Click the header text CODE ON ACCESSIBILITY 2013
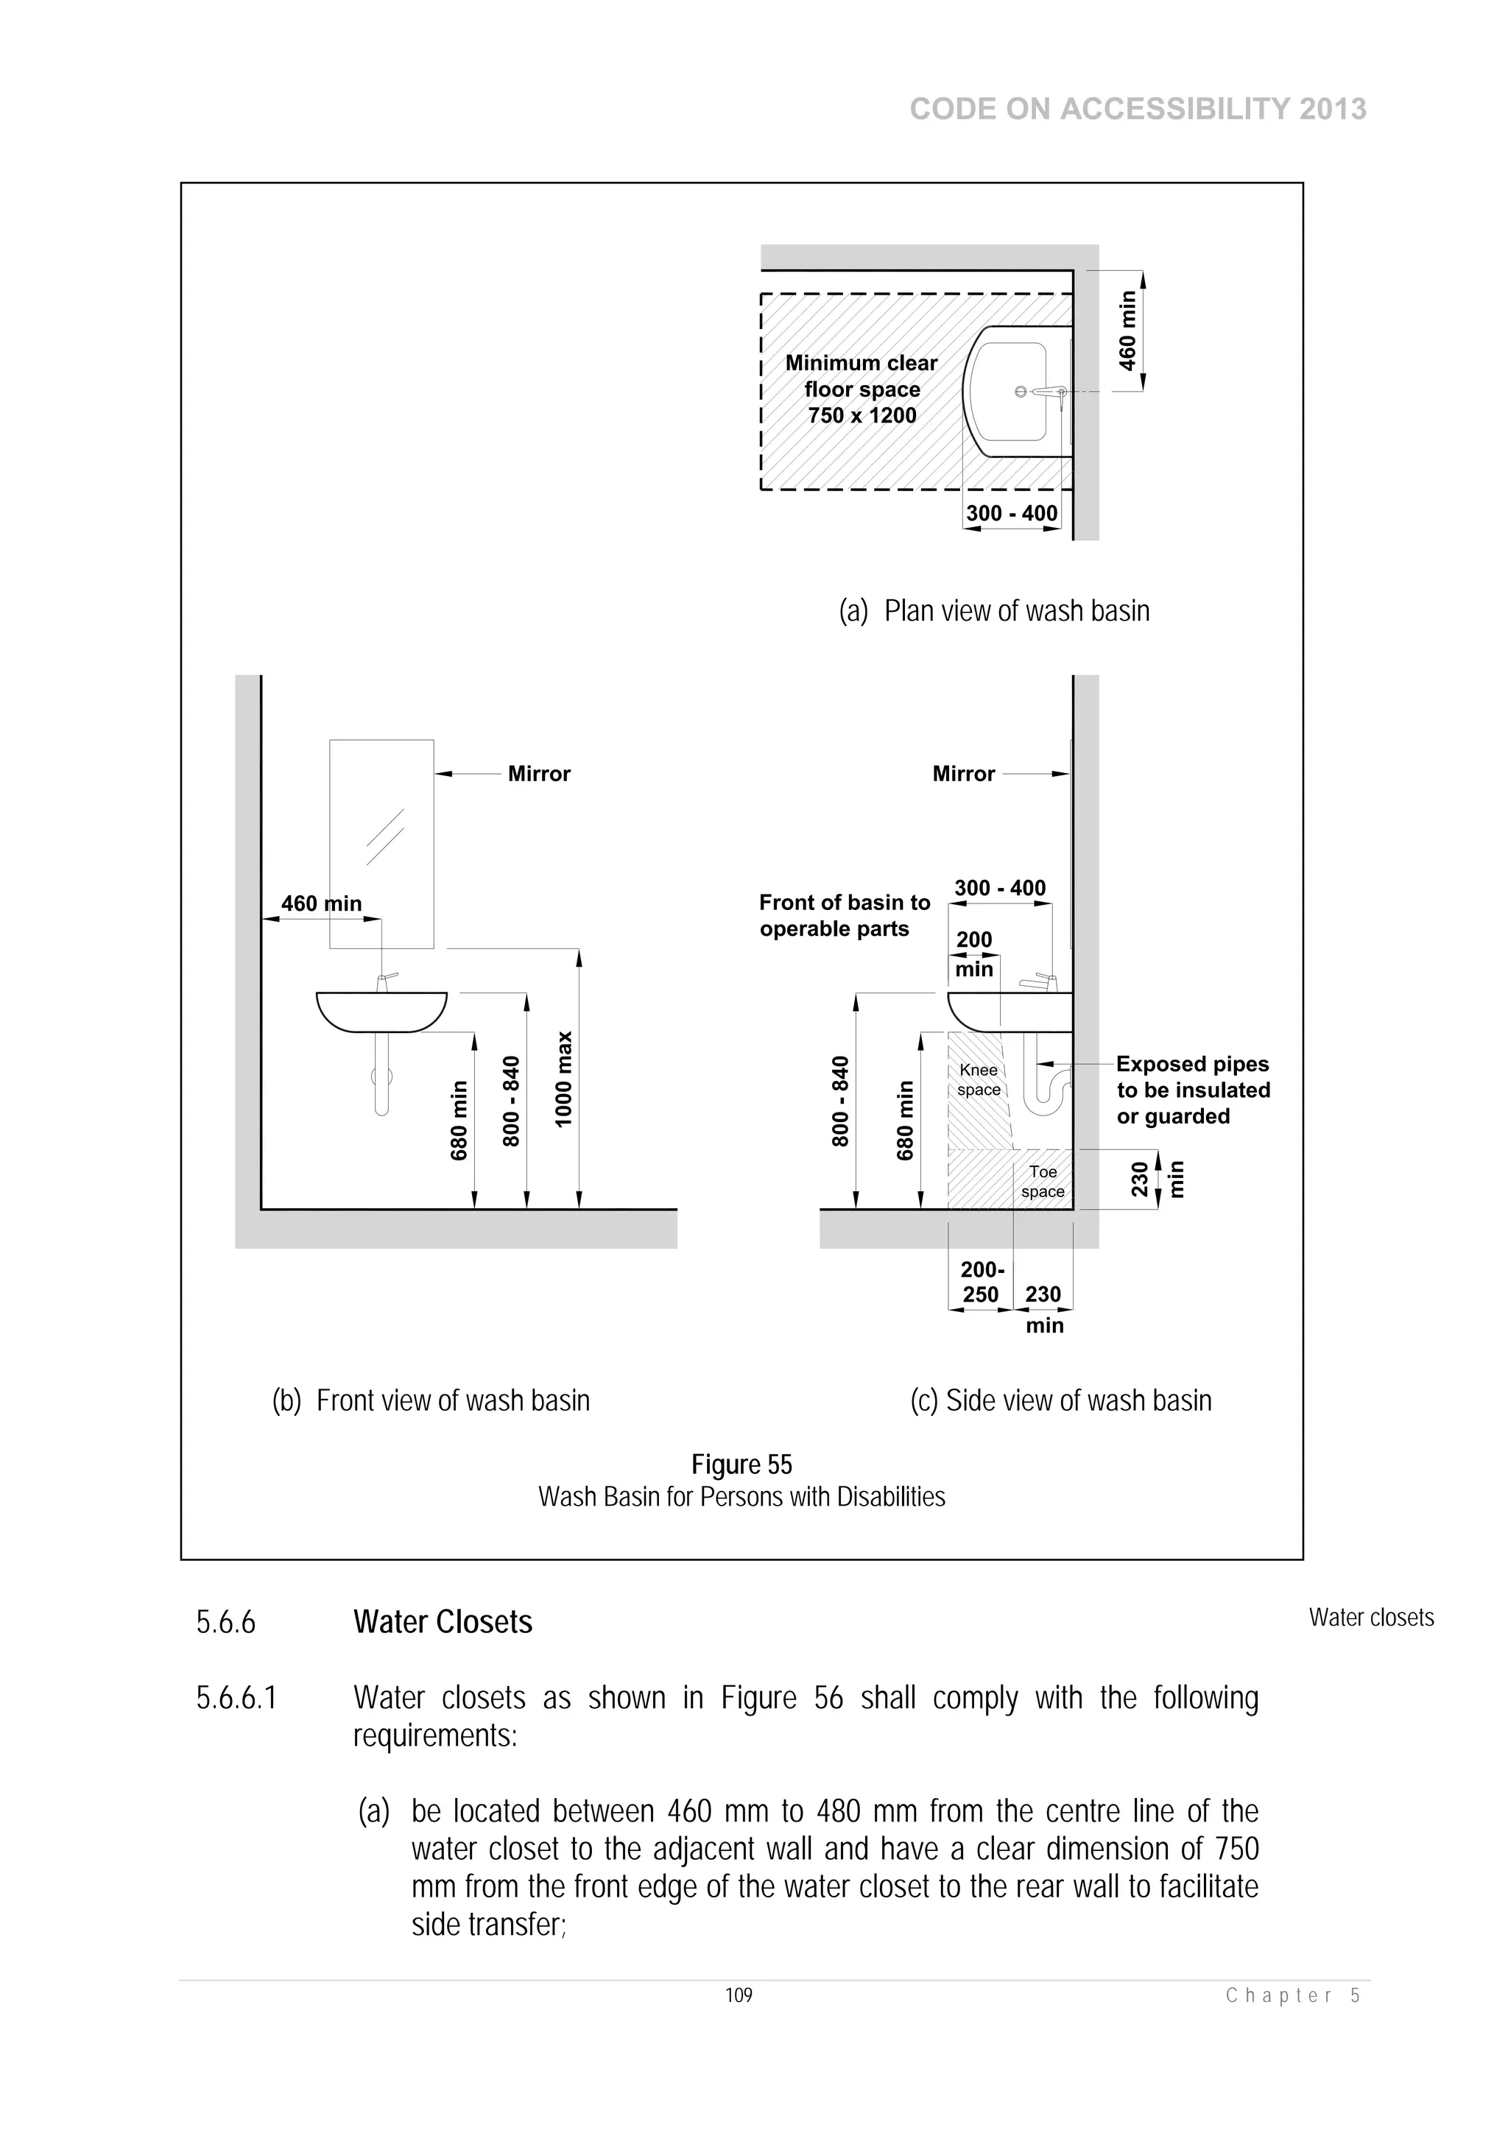pyautogui.click(x=1138, y=110)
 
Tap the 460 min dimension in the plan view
pyautogui.click(x=1127, y=331)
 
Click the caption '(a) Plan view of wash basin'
pyautogui.click(x=993, y=610)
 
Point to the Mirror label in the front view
pyautogui.click(x=539, y=774)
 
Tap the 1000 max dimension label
pyautogui.click(x=563, y=1079)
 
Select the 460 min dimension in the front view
pyautogui.click(x=322, y=904)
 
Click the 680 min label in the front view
pyautogui.click(x=459, y=1119)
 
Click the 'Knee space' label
pyautogui.click(x=979, y=1079)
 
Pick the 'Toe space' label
pyautogui.click(x=1043, y=1182)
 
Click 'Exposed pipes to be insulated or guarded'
pyautogui.click(x=1192, y=1090)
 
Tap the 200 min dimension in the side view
pyautogui.click(x=973, y=954)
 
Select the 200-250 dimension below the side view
pyautogui.click(x=982, y=1282)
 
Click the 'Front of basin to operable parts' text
pyautogui.click(x=844, y=915)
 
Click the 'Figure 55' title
pyautogui.click(x=741, y=1464)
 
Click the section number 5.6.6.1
pyautogui.click(x=236, y=1698)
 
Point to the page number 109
pyautogui.click(x=739, y=1995)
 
